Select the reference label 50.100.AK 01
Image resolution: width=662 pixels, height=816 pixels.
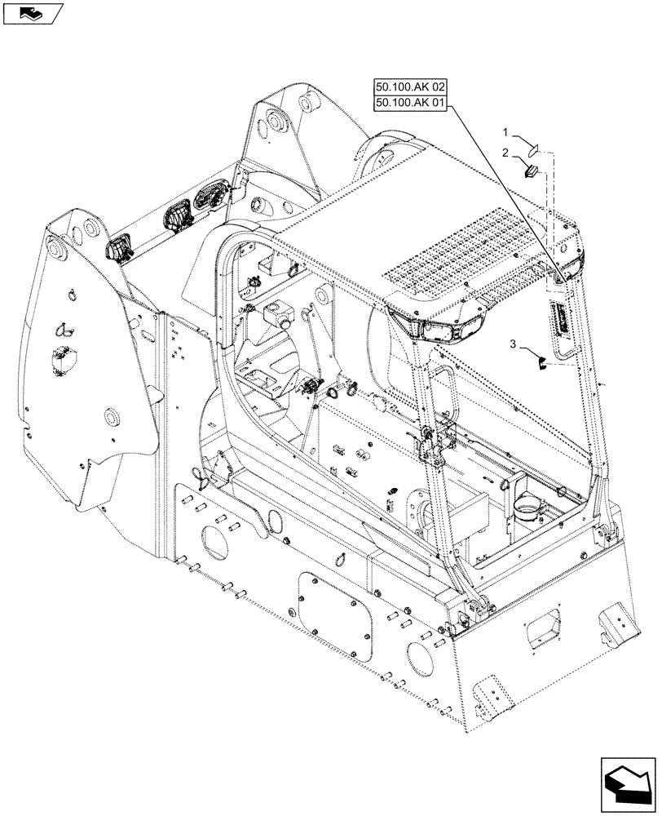click(x=410, y=103)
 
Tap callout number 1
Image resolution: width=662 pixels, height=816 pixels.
click(x=505, y=131)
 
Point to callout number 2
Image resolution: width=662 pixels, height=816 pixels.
click(x=505, y=152)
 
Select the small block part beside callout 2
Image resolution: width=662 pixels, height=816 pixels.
click(x=529, y=171)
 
